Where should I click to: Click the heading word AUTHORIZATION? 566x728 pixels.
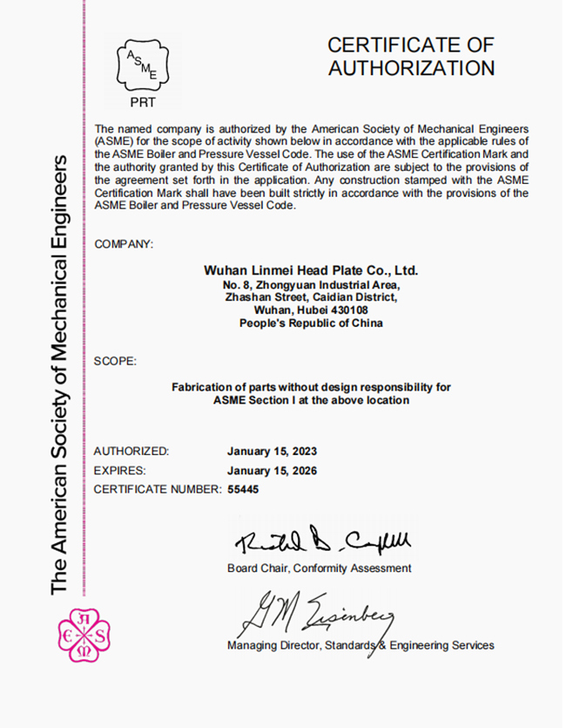(x=411, y=68)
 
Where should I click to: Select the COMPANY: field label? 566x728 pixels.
(x=123, y=244)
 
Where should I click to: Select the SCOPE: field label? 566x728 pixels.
(x=114, y=360)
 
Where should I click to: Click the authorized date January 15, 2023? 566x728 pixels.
(x=272, y=452)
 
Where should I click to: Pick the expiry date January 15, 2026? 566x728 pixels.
(x=272, y=471)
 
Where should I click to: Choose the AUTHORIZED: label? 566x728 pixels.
(x=131, y=452)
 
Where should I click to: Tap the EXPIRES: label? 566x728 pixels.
(x=119, y=471)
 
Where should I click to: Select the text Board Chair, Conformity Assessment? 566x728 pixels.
(x=319, y=568)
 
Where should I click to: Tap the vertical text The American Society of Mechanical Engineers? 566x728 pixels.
(x=60, y=375)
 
